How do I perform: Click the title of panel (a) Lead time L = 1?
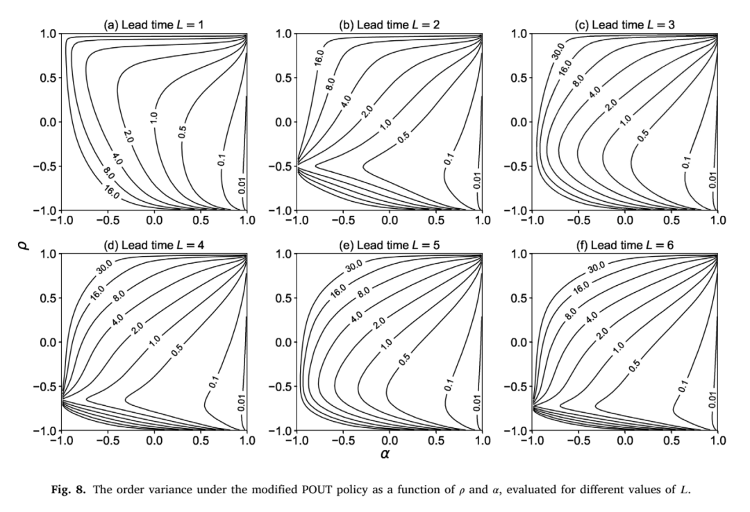click(153, 24)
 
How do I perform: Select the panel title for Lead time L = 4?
click(153, 245)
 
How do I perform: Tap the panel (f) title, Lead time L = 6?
click(625, 245)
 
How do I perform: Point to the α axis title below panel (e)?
click(385, 454)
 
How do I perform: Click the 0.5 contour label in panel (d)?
click(178, 350)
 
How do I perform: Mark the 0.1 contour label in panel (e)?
click(448, 385)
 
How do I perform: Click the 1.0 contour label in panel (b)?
click(385, 123)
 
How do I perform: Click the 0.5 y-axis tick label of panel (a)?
click(48, 78)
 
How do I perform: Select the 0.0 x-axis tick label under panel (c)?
click(625, 220)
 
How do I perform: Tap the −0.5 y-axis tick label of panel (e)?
click(279, 386)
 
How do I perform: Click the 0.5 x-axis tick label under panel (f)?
click(672, 441)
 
